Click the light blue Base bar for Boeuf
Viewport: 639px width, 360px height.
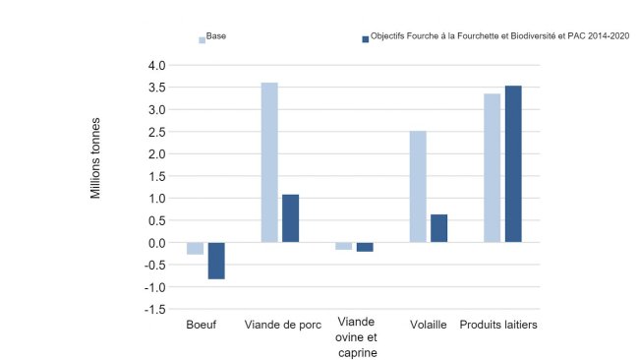[x=195, y=249]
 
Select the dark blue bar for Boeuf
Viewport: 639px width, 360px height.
[x=216, y=261]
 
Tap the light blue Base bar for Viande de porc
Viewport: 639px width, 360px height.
[x=269, y=162]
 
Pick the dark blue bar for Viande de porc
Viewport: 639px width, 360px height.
[x=290, y=218]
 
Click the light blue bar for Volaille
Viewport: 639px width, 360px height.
[x=418, y=187]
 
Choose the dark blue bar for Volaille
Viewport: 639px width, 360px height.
[x=438, y=228]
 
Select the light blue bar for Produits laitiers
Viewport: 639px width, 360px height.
[x=492, y=168]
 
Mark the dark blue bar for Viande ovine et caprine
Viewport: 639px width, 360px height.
[x=365, y=247]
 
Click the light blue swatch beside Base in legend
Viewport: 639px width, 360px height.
[x=203, y=39]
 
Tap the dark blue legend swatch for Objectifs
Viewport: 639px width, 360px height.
[x=365, y=39]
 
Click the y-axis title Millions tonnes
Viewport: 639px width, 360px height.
[x=96, y=158]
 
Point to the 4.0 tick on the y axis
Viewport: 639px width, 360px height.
[x=156, y=66]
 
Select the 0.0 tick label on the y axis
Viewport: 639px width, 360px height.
[x=156, y=243]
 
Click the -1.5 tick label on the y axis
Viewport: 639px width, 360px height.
[x=154, y=309]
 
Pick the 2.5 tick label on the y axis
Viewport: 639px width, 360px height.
[x=156, y=132]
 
